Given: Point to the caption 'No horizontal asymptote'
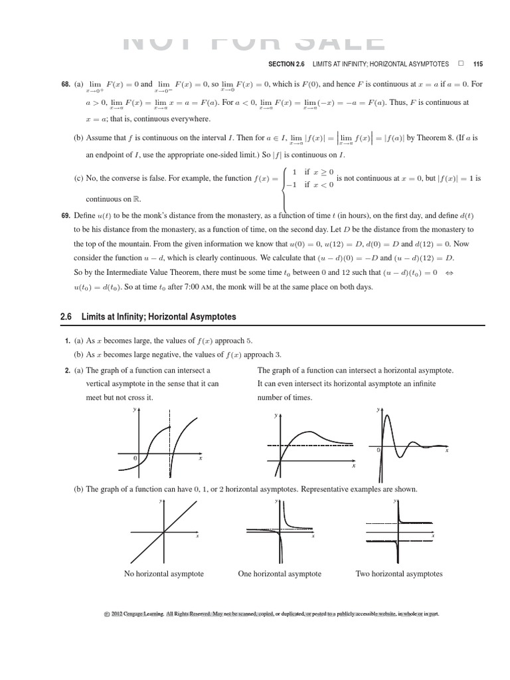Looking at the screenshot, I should tap(164, 574).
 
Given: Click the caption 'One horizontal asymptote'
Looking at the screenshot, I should tap(280, 574).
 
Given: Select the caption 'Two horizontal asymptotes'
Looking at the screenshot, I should tap(399, 574).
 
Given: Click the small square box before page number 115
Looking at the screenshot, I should tap(461, 64).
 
